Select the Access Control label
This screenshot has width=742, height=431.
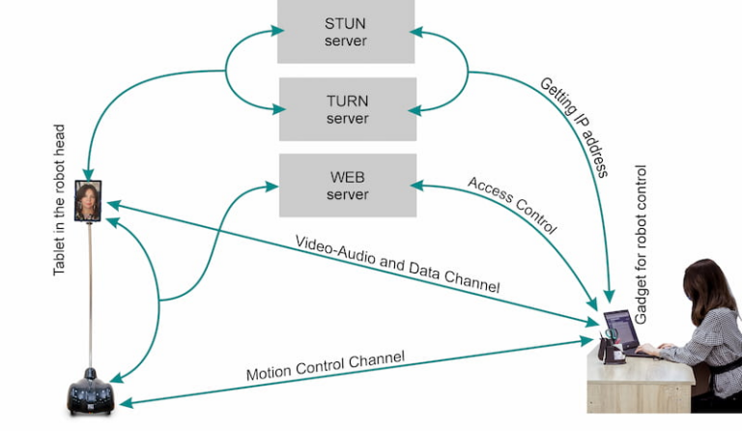pyautogui.click(x=512, y=206)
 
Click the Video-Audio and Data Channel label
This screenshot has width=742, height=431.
pyautogui.click(x=397, y=262)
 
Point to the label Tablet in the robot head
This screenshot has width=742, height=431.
pyautogui.click(x=59, y=199)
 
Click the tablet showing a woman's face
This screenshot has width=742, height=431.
pyautogui.click(x=88, y=203)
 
